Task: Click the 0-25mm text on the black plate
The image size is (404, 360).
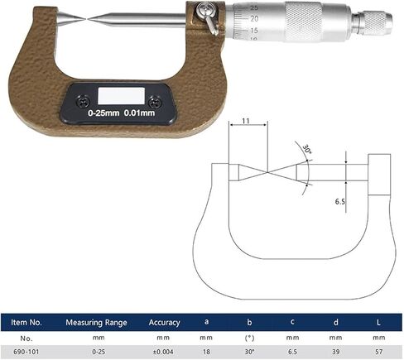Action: click(x=103, y=113)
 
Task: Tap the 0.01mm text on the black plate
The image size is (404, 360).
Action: click(x=139, y=113)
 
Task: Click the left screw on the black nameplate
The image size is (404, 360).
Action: click(x=84, y=102)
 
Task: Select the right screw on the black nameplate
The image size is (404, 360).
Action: click(x=155, y=103)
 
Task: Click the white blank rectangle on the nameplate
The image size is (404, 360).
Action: click(x=122, y=96)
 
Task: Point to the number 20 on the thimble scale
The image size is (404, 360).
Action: click(x=254, y=19)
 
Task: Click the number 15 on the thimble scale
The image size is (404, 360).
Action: click(x=254, y=30)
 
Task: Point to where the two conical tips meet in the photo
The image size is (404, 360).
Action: click(x=88, y=19)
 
